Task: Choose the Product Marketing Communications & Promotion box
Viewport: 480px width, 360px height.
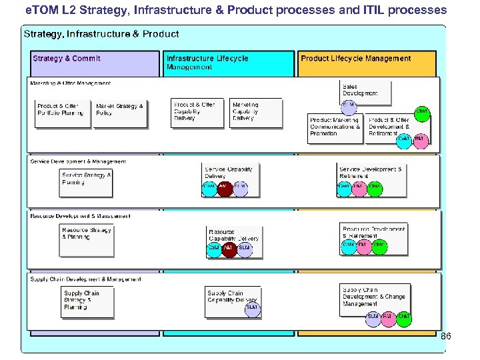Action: coord(336,129)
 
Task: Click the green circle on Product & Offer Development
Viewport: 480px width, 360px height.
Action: coord(422,111)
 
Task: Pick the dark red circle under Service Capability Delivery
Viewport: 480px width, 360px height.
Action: coord(225,189)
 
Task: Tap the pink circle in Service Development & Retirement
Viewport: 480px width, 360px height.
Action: coord(359,189)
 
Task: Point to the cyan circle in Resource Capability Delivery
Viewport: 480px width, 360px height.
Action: coord(214,248)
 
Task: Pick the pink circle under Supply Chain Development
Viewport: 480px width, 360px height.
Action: coord(388,318)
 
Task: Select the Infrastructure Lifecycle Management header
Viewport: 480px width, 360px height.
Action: coord(229,63)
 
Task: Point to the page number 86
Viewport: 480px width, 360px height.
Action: coord(445,337)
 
